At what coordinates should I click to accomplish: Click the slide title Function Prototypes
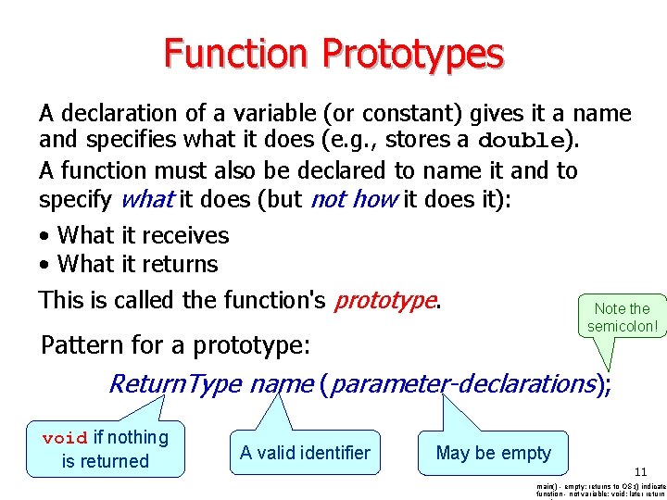coord(333,54)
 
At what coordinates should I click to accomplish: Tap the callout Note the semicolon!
coord(622,318)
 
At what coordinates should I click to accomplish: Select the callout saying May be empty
coord(493,453)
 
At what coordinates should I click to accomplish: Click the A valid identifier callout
coord(305,453)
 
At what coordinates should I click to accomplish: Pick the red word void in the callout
coord(65,438)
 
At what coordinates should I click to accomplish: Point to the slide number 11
coord(641,472)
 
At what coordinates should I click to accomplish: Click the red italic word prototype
coord(384,300)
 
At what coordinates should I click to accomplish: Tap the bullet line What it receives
coord(142,235)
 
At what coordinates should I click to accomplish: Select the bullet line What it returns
coord(137,264)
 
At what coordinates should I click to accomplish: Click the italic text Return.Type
coord(175,382)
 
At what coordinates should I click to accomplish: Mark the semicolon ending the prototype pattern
coord(608,384)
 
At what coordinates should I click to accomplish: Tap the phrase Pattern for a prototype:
coord(175,345)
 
